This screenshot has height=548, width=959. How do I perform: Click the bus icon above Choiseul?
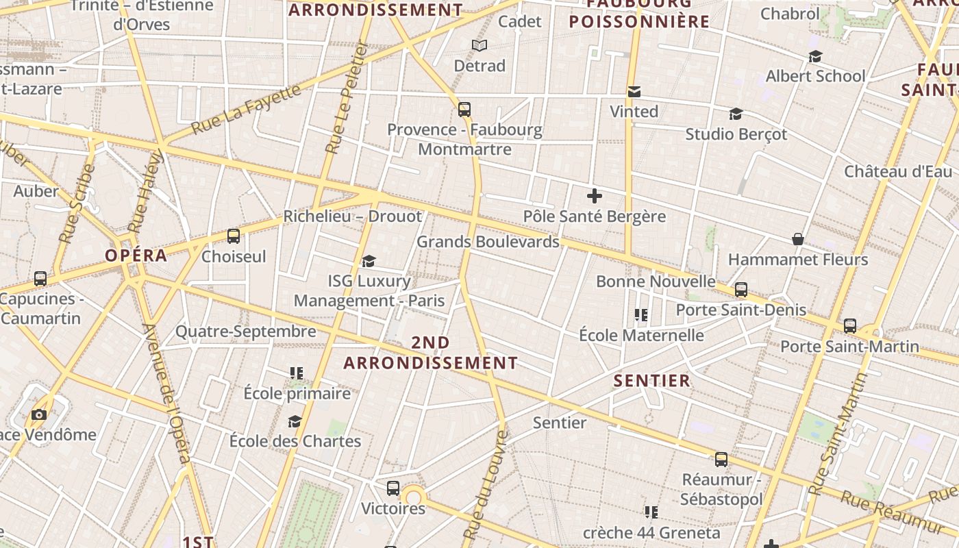pos(234,236)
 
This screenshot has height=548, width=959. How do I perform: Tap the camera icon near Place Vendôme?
pos(39,414)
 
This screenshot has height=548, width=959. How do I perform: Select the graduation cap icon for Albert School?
pos(815,56)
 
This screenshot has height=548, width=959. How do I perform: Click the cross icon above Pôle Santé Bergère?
pos(594,197)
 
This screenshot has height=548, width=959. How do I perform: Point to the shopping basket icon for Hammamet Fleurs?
pos(798,239)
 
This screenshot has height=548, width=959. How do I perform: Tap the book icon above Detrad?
pos(480,46)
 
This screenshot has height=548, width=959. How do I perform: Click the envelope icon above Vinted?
pos(634,92)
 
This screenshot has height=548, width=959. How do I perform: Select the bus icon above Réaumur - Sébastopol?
pos(721,460)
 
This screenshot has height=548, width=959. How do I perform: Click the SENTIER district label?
pos(651,381)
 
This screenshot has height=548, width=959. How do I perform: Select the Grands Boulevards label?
pos(488,242)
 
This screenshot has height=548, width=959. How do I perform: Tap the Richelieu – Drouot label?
pos(353,216)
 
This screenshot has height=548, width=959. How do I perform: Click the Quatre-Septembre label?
pos(246,332)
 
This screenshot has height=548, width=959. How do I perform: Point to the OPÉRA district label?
pos(136,256)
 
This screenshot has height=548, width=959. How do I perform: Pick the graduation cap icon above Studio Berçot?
pos(736,114)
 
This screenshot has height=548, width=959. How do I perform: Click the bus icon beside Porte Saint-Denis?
pos(741,290)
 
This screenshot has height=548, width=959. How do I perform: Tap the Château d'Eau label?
pos(898,171)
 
